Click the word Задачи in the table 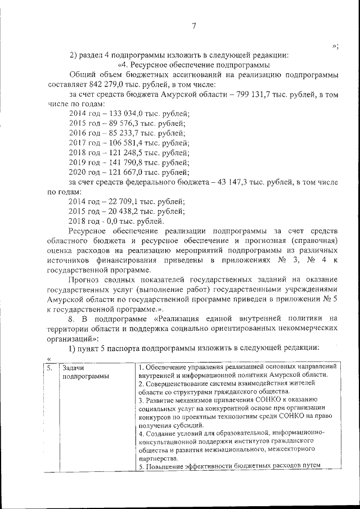pyautogui.click(x=75, y=367)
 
